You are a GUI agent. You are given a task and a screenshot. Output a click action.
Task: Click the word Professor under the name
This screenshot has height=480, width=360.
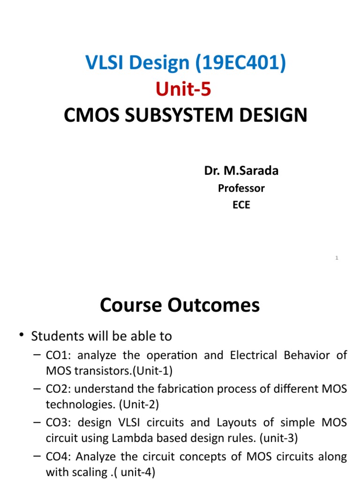(x=241, y=188)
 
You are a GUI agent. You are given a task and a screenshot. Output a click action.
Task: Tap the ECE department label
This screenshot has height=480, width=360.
(x=241, y=205)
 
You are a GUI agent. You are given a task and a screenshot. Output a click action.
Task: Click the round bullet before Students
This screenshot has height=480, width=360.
(x=21, y=335)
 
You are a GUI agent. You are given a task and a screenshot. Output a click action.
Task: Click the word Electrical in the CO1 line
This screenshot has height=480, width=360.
(x=254, y=355)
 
